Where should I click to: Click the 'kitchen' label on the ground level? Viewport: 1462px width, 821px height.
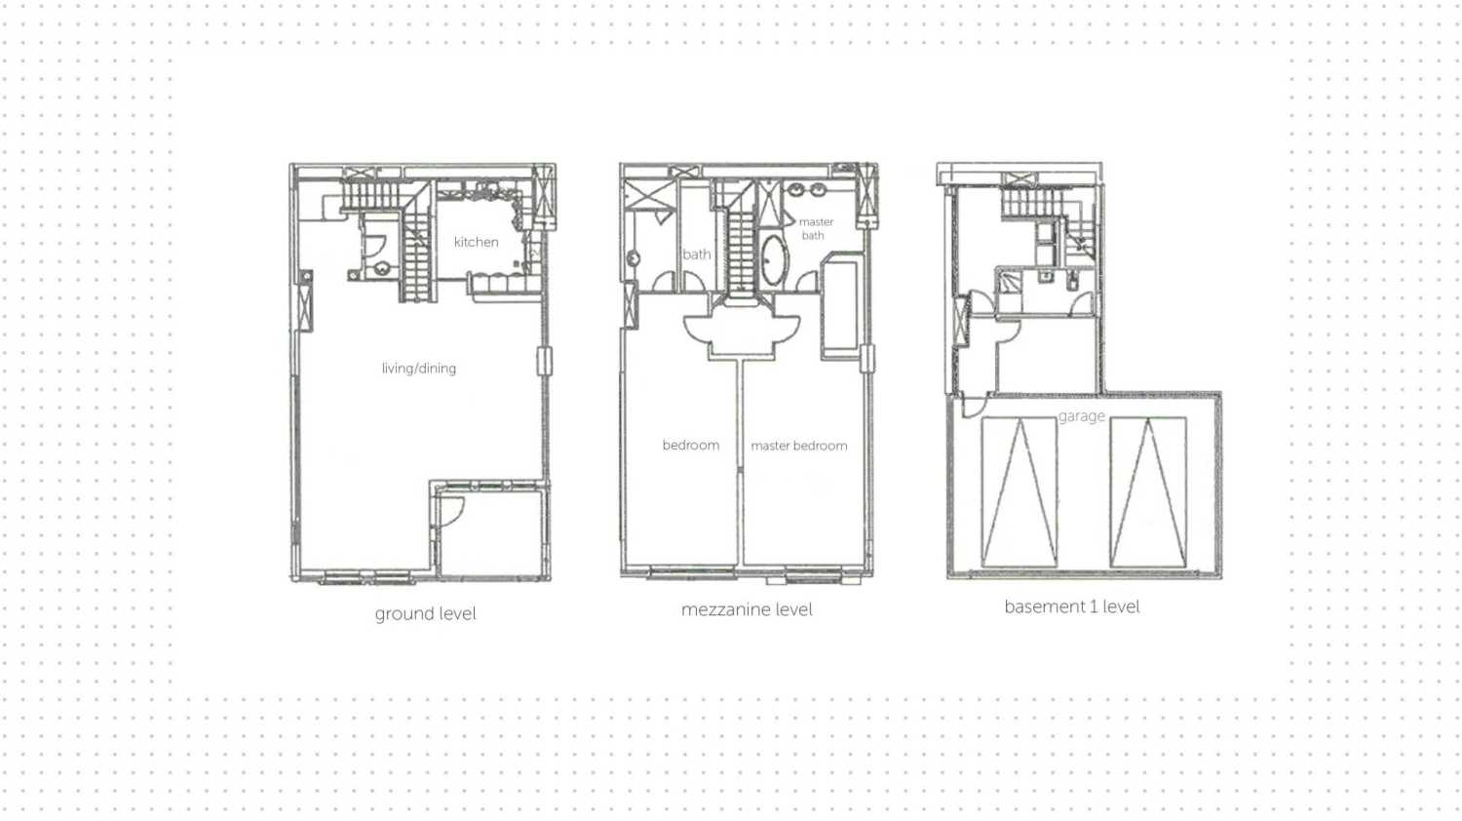click(x=476, y=242)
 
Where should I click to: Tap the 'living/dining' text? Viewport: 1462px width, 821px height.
click(x=418, y=368)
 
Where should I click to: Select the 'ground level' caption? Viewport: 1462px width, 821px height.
click(x=425, y=613)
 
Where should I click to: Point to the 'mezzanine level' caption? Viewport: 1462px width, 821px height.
click(x=747, y=609)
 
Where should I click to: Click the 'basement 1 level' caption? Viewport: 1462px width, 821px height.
click(x=1071, y=606)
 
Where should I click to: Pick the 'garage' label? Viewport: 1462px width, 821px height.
click(x=1081, y=416)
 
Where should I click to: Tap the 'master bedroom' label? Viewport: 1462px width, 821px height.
click(x=798, y=446)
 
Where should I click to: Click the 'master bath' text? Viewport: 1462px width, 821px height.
click(x=815, y=228)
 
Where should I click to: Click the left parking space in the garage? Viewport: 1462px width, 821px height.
click(x=1020, y=491)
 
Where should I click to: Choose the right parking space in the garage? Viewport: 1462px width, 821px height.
click(x=1147, y=491)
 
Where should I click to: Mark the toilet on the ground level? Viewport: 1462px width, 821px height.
click(x=382, y=267)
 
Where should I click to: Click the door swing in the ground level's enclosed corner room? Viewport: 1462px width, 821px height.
click(x=450, y=511)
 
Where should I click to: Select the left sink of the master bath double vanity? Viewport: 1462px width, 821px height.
click(x=796, y=190)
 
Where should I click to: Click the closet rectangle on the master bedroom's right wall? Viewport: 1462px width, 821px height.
click(x=841, y=306)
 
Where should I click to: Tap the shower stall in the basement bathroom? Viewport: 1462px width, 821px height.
click(x=1009, y=283)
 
